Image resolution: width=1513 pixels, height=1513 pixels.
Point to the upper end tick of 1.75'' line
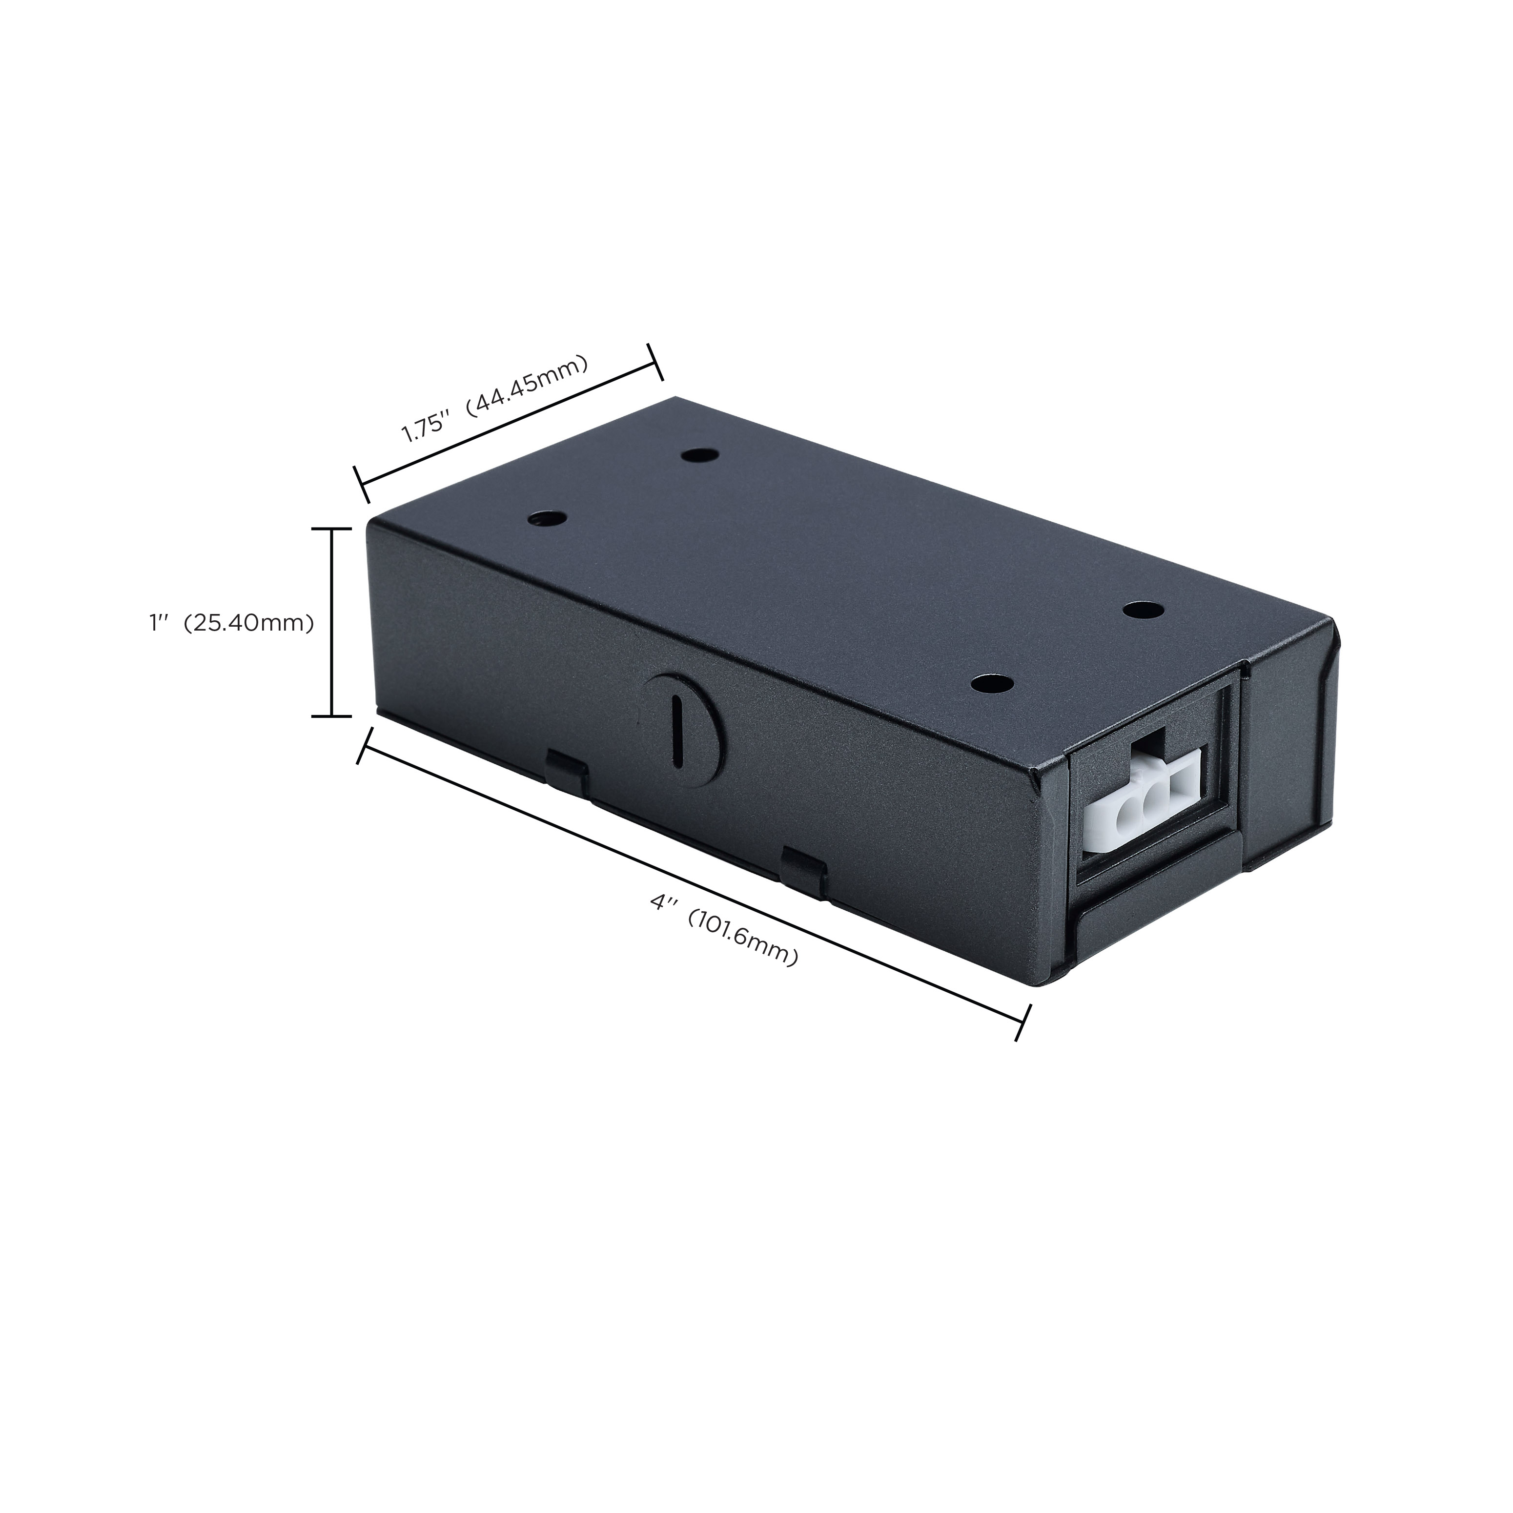point(654,362)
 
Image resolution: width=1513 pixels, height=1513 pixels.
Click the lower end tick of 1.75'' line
point(362,484)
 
